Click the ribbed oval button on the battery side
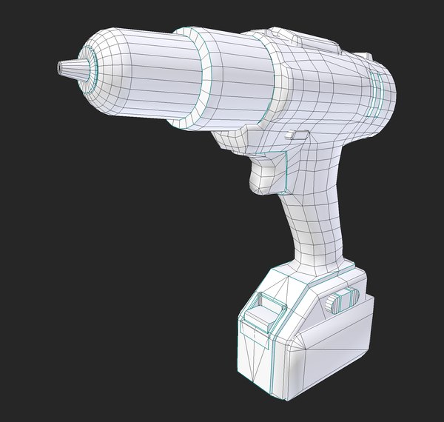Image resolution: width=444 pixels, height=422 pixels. click(x=341, y=301)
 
